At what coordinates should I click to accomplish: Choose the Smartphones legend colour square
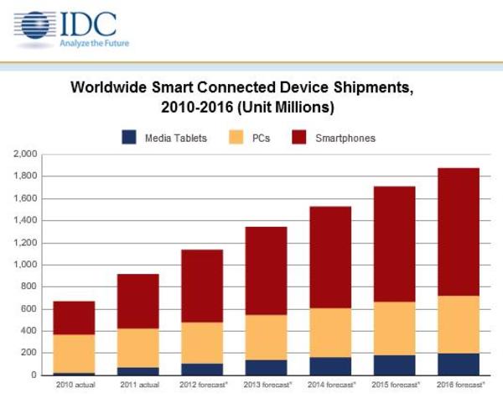tap(299, 136)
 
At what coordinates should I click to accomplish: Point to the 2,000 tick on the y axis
tap(25, 155)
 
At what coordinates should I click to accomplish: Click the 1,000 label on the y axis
tap(25, 265)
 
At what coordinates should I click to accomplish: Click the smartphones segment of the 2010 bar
tap(74, 318)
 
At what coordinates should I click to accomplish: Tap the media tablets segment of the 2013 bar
tap(266, 367)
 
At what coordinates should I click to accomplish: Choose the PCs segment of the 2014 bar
tap(330, 333)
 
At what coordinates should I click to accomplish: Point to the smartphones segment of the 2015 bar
tap(394, 244)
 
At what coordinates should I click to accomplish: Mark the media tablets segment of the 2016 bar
tap(458, 364)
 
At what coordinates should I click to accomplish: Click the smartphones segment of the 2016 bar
tap(458, 232)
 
